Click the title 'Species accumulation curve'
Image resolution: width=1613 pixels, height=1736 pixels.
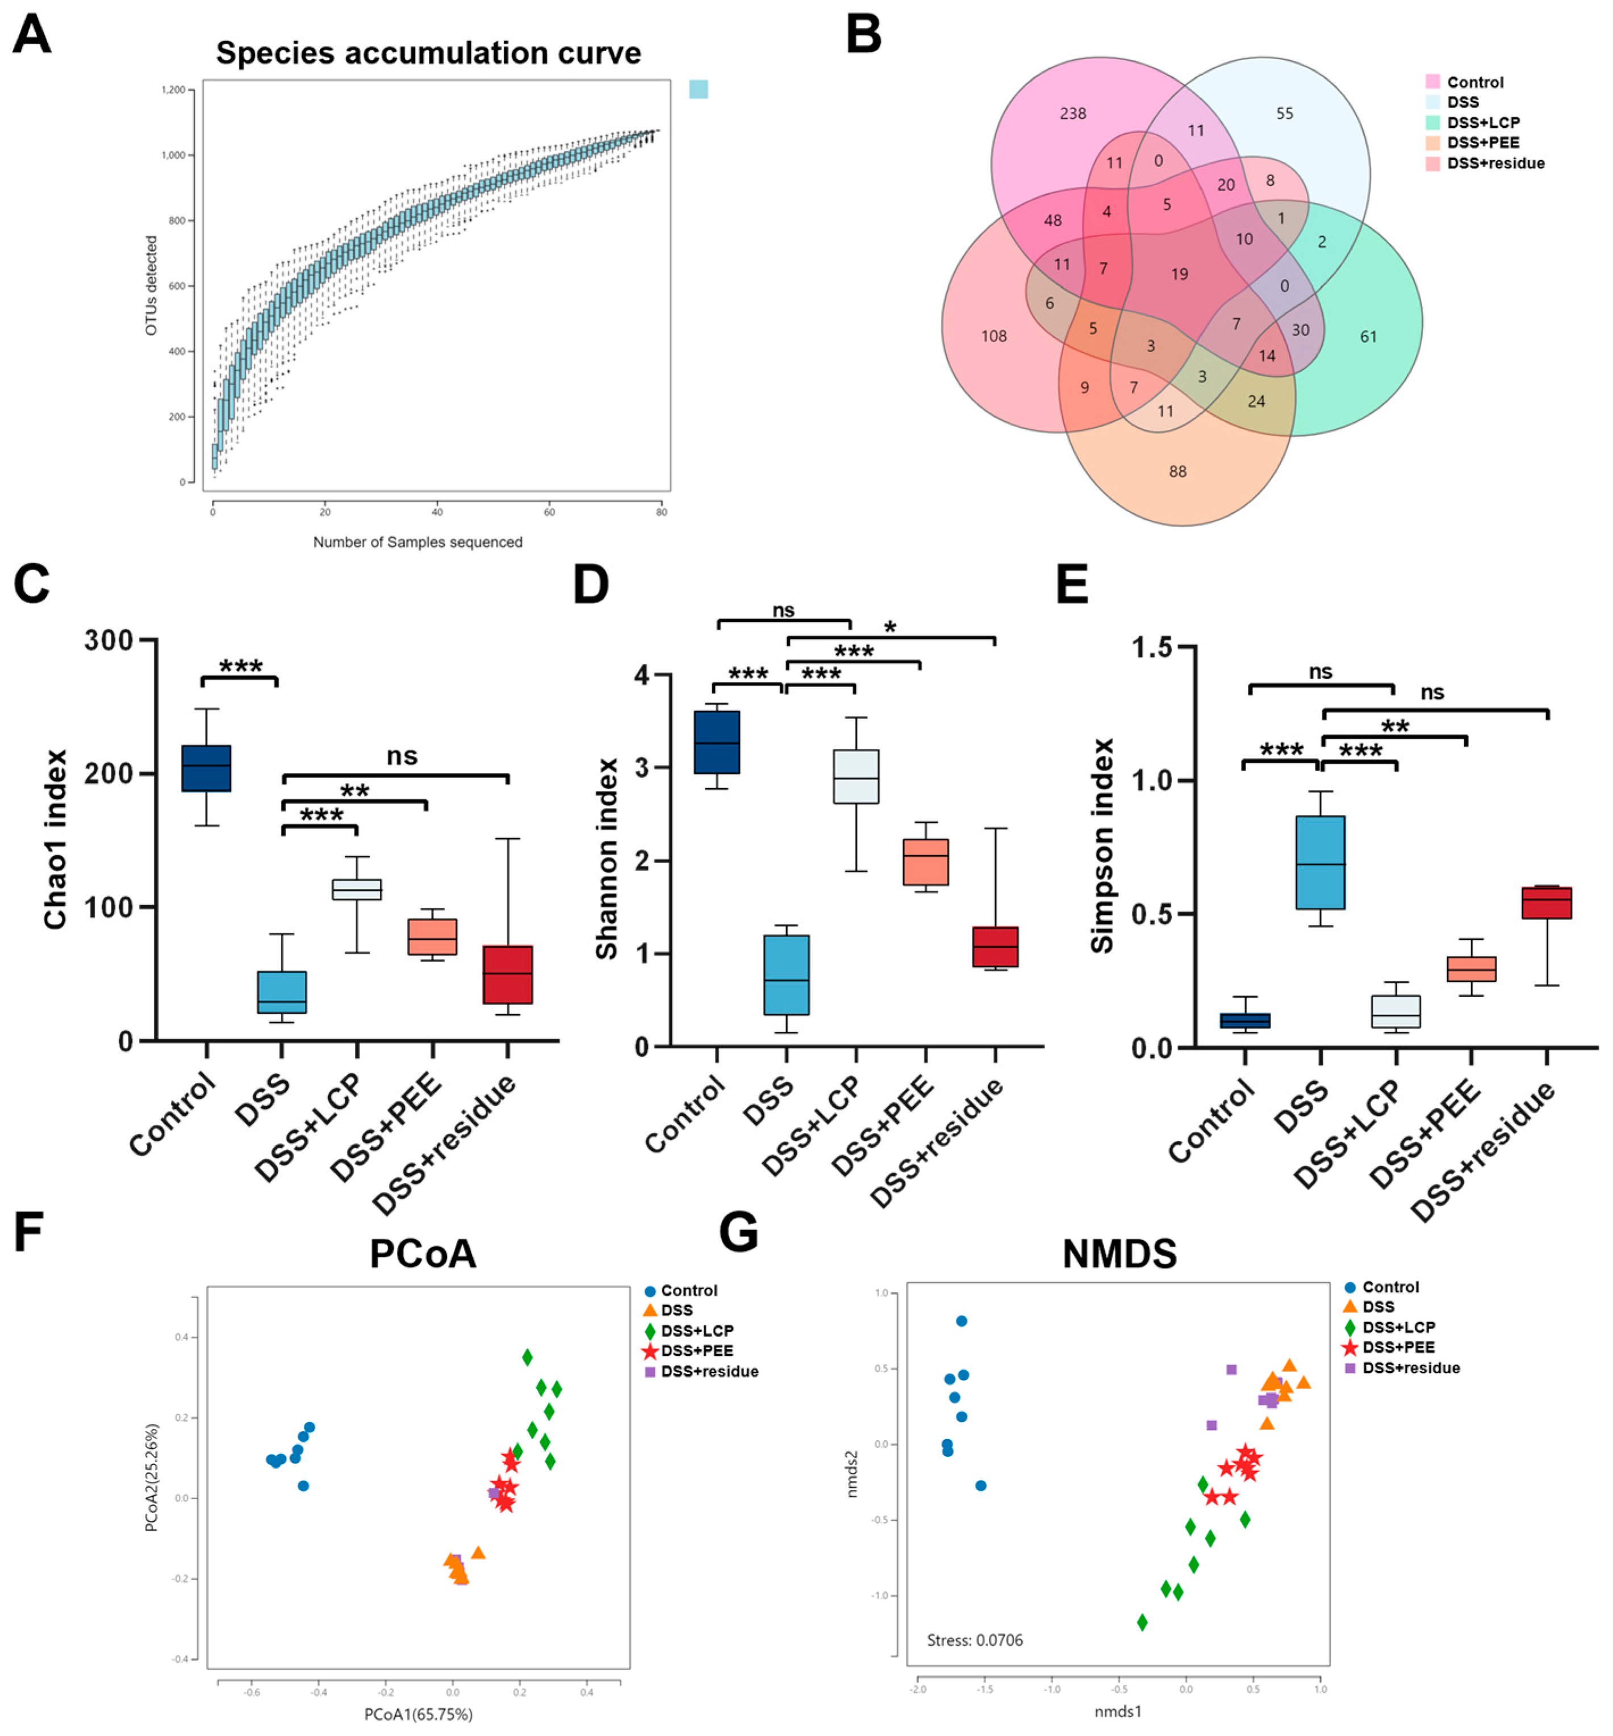point(429,53)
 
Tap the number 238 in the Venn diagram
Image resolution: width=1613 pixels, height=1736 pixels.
point(1073,114)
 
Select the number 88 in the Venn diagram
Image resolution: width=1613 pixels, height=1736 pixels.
point(1177,471)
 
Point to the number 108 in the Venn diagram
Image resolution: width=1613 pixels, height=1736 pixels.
point(993,336)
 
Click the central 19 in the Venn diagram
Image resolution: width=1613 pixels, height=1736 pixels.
point(1179,274)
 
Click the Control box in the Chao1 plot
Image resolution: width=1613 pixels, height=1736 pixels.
point(206,768)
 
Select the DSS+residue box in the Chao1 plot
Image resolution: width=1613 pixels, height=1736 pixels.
point(508,974)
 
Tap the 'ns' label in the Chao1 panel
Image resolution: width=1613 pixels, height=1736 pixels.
point(402,756)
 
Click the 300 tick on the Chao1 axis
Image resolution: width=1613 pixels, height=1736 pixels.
point(109,641)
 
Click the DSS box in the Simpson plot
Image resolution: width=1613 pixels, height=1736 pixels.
point(1320,863)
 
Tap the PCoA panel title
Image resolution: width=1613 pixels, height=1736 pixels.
point(423,1253)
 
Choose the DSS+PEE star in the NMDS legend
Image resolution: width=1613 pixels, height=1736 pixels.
point(1349,1348)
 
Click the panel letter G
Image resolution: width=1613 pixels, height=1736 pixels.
point(738,1232)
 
